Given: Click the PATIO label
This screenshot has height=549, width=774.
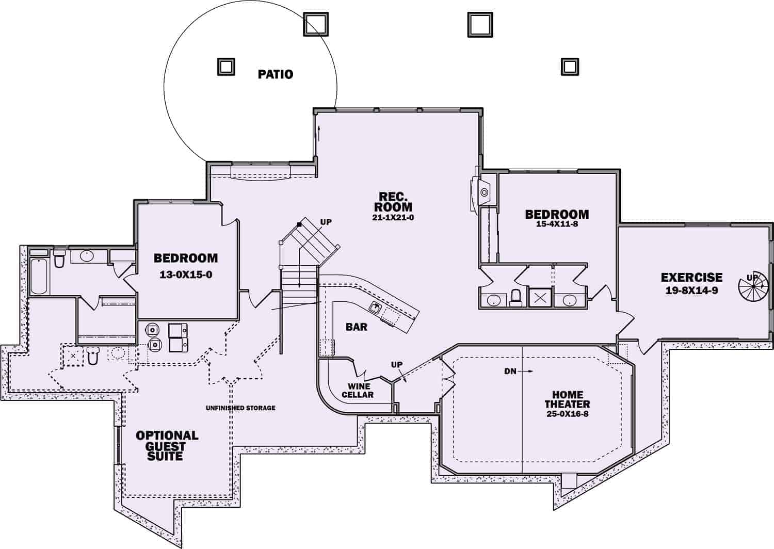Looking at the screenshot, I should point(275,74).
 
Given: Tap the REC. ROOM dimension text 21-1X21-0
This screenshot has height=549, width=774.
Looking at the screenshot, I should point(393,218).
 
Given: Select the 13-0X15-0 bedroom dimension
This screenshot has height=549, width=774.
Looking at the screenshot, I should point(186,274).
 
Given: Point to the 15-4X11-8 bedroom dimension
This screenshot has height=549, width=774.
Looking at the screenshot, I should point(557,224).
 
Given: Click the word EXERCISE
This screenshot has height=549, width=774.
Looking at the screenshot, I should point(691,278).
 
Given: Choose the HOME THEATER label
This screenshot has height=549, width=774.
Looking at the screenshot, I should point(567,399).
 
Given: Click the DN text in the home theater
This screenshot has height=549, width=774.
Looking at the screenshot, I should point(510,370).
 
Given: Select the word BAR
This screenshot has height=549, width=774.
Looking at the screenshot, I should point(357,327).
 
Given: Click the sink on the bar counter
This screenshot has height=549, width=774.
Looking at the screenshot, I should point(376,308).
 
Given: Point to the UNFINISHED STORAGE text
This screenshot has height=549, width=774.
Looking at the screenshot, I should point(240,408).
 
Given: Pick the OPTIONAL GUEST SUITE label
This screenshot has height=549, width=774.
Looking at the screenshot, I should point(167,446).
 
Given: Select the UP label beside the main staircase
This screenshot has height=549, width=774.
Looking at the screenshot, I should point(326,222).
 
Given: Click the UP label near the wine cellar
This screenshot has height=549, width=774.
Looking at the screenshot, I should point(396,365).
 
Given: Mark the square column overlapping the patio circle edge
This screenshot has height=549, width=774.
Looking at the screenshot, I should point(316,24).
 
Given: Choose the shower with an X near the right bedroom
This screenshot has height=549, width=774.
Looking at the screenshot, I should point(540,298).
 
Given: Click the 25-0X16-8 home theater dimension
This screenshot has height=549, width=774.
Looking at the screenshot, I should point(567,414).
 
